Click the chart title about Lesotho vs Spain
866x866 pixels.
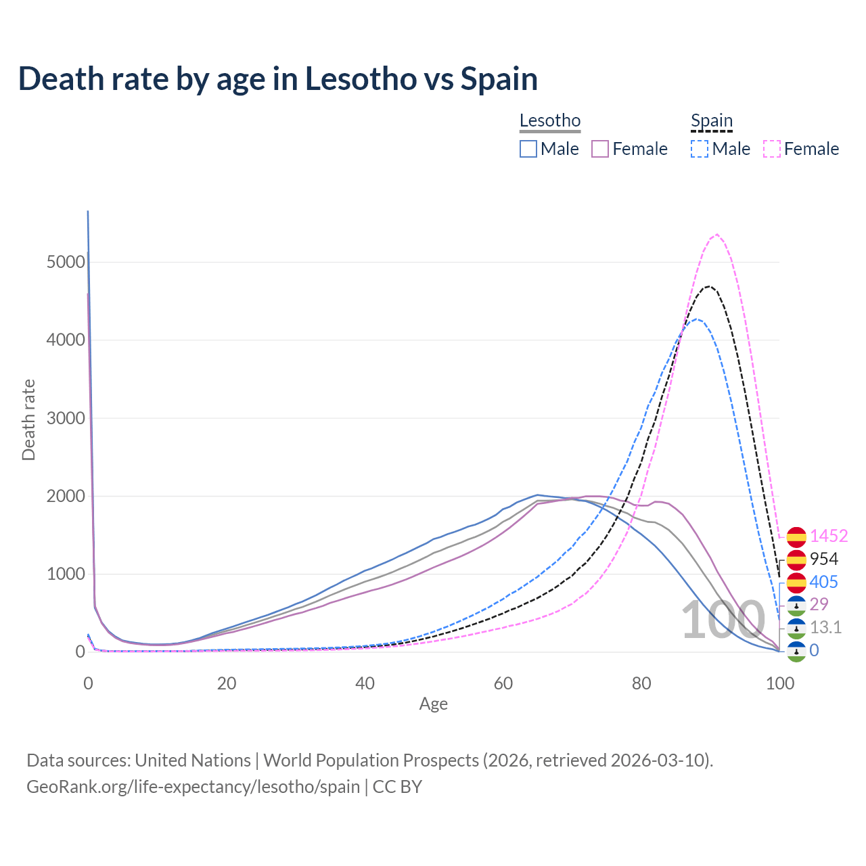pos(278,79)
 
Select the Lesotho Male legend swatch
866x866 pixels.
pos(528,149)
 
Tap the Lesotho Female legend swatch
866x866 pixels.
pos(600,149)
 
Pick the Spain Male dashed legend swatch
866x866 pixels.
pos(700,149)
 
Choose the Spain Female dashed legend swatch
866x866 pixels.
pos(772,149)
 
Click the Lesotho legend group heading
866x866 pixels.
pos(550,121)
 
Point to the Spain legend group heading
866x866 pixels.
pos(712,121)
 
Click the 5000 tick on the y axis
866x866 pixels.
pos(66,262)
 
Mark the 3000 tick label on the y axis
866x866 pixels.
pos(66,418)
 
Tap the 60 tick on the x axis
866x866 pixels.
pos(503,683)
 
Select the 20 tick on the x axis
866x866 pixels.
pos(227,683)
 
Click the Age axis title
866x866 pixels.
pos(434,704)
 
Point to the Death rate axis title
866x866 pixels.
pos(28,420)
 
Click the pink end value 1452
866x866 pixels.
pos(829,536)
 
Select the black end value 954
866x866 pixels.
pos(824,559)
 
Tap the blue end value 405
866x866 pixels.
pos(823,582)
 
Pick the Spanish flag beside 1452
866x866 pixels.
pos(796,537)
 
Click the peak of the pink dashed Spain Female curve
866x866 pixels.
pos(716,235)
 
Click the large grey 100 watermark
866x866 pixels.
pos(723,620)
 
